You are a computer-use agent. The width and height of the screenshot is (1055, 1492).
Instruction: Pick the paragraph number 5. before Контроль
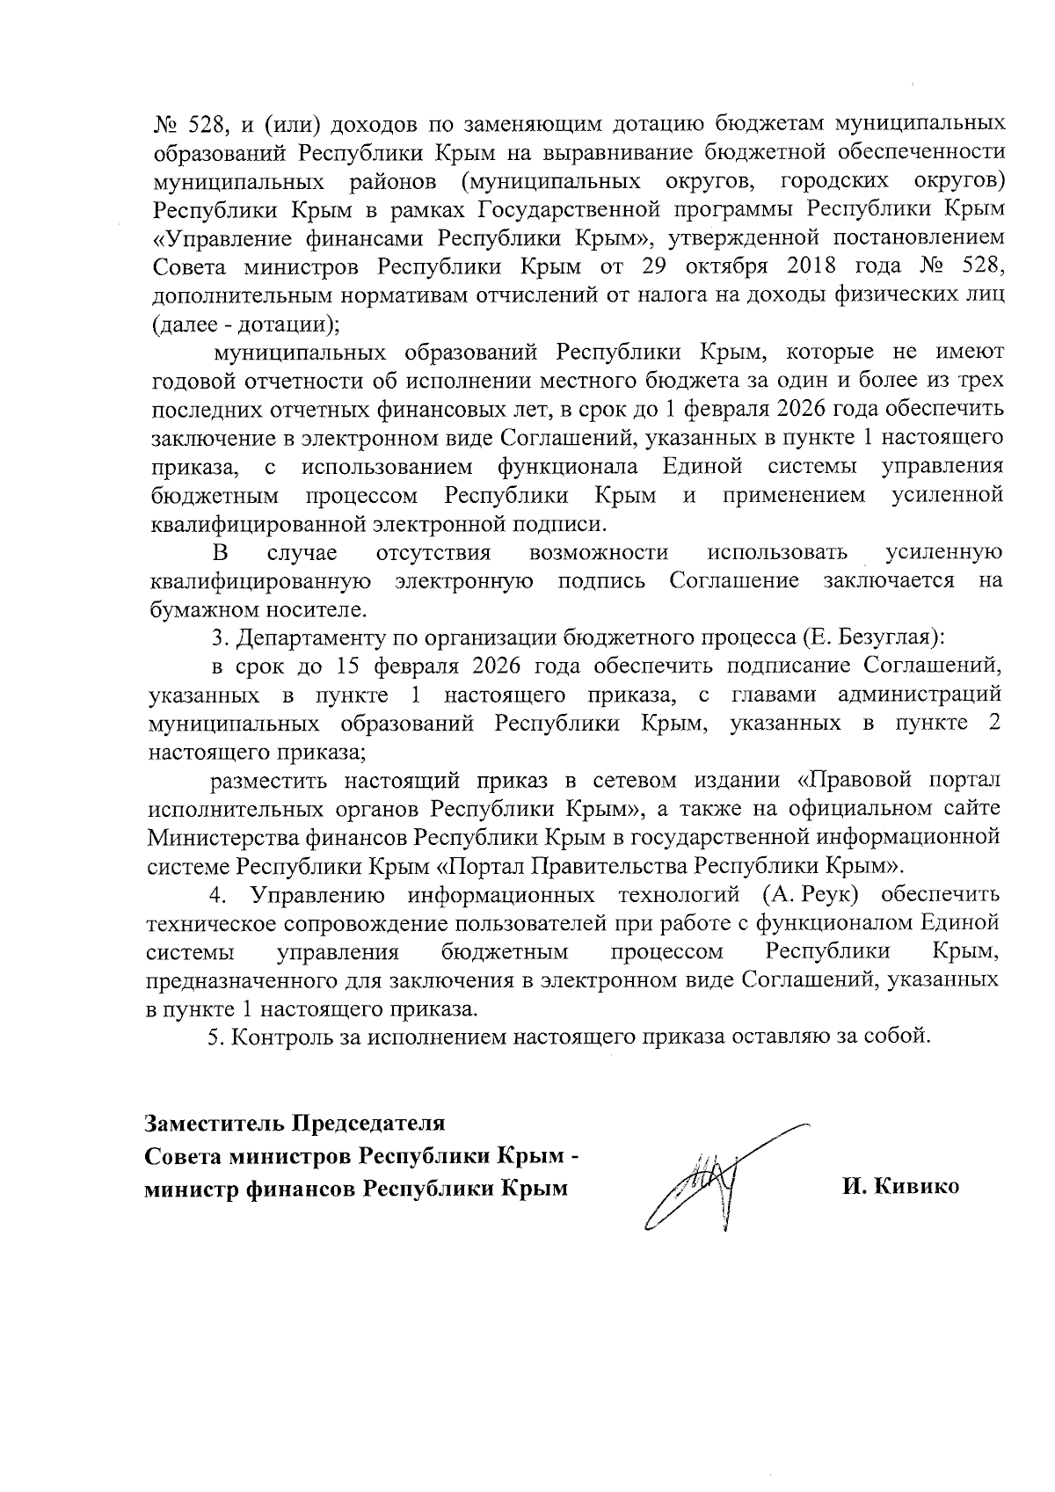point(215,1037)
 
